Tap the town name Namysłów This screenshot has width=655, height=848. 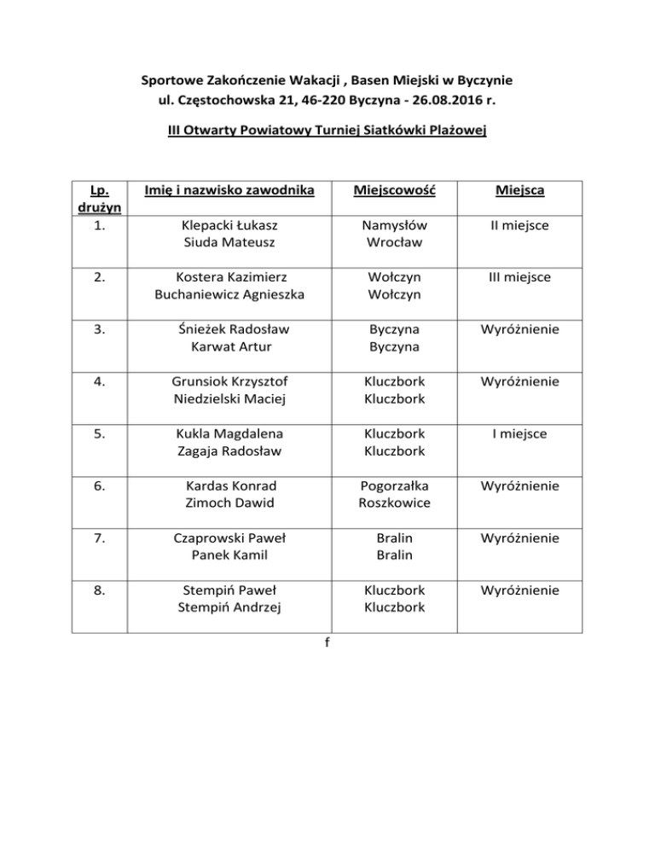click(394, 225)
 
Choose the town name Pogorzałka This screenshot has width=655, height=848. click(394, 486)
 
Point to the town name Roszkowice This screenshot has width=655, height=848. click(394, 502)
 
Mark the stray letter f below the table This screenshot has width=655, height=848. click(327, 644)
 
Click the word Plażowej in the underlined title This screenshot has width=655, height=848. click(458, 133)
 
